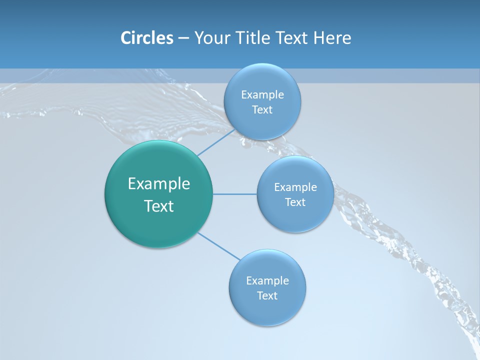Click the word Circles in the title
(x=146, y=38)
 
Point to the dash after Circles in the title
(x=183, y=38)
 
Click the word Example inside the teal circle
(x=159, y=184)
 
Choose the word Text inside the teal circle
(x=159, y=206)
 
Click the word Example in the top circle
(x=262, y=94)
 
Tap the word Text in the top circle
(x=262, y=110)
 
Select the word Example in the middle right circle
(x=295, y=187)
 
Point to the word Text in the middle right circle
(x=295, y=202)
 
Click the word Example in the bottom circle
(x=267, y=280)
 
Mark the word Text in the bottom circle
(x=267, y=295)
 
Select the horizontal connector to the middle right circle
(x=234, y=194)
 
